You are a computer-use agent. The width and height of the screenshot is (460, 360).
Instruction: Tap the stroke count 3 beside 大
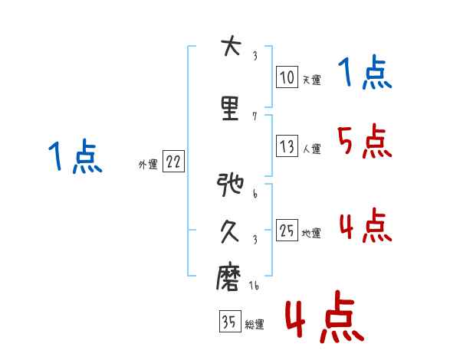pos(255,57)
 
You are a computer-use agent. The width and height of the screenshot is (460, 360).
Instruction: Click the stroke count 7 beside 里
pos(255,116)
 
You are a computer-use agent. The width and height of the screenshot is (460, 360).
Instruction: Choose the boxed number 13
pos(287,146)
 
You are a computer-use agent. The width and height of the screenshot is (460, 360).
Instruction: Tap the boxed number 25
pos(287,231)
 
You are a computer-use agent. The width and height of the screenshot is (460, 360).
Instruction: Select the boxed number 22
pos(173,162)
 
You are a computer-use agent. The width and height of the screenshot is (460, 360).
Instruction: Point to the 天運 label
pos(310,80)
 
